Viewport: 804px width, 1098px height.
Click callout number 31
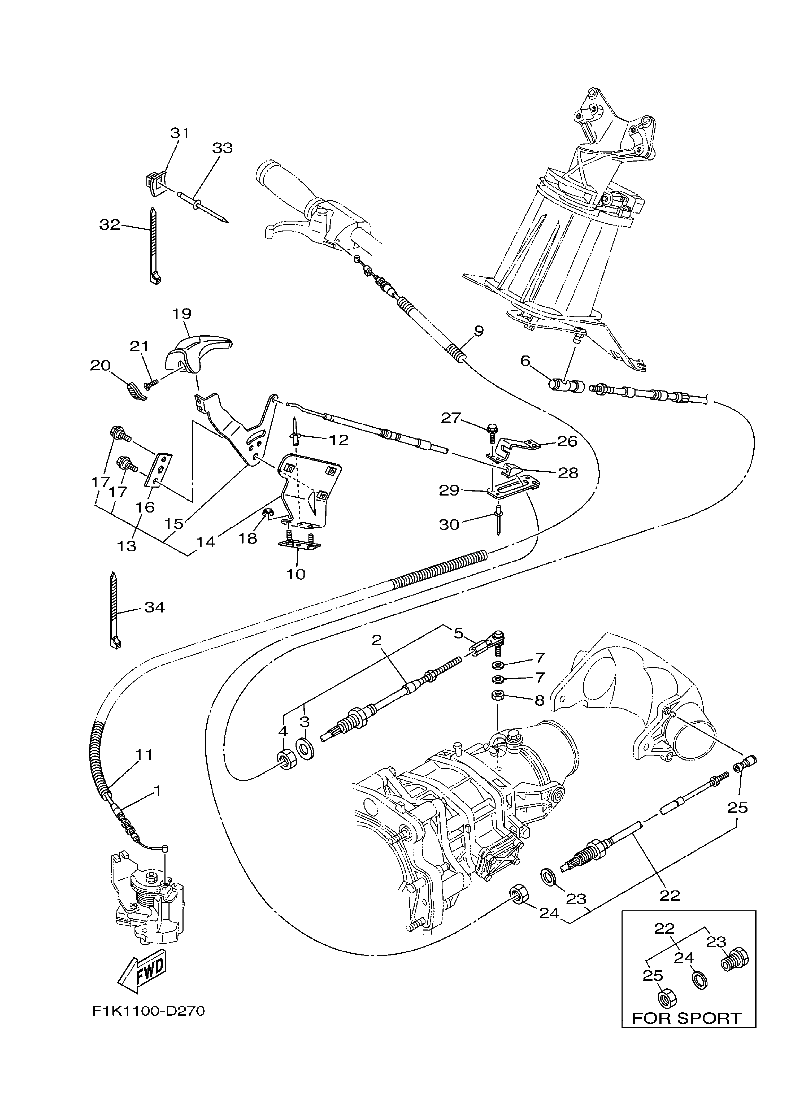coord(180,133)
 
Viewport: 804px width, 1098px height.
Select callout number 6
coord(525,360)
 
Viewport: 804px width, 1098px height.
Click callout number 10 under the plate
coord(295,574)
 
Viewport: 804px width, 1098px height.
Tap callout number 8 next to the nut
coord(539,700)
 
